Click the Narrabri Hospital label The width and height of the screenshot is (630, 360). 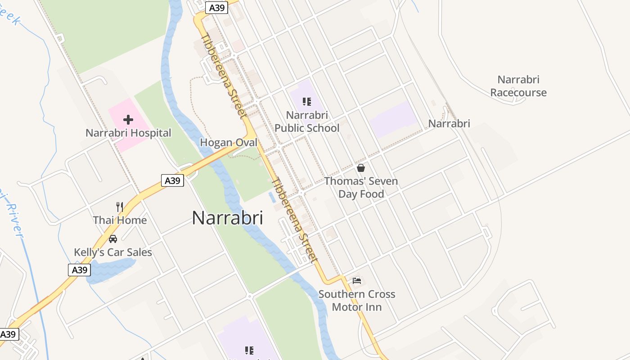[x=128, y=133]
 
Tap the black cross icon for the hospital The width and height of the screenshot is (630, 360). [x=128, y=120]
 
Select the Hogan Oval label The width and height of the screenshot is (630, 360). [x=229, y=143]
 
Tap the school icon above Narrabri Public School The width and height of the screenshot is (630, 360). [x=307, y=102]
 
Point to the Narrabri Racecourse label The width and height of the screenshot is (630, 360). [x=518, y=86]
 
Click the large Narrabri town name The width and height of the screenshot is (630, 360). [x=227, y=218]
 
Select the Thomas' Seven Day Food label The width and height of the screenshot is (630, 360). [x=361, y=188]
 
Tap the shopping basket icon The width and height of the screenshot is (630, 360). [x=361, y=168]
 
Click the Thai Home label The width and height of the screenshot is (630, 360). [x=120, y=220]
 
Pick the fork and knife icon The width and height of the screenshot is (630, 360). [x=120, y=207]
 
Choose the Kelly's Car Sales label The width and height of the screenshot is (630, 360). [x=113, y=252]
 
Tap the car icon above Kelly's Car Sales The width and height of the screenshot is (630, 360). [x=113, y=239]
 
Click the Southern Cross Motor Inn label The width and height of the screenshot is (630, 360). [x=357, y=301]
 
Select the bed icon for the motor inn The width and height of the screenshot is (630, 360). [x=357, y=281]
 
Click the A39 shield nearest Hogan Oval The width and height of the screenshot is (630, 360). [x=173, y=181]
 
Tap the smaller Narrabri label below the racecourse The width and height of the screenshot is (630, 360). [x=449, y=123]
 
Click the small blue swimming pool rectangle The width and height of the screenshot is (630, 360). [x=272, y=197]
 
